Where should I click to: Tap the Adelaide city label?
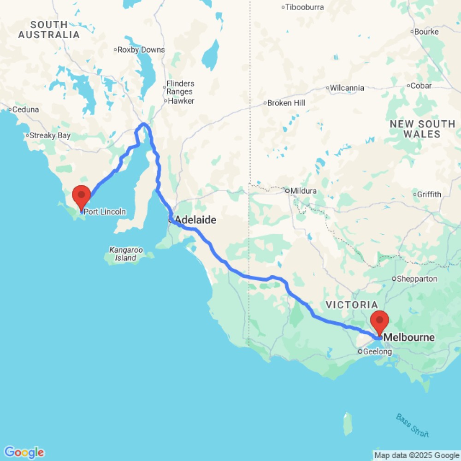(x=196, y=220)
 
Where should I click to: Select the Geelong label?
(x=378, y=352)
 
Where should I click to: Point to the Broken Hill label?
(x=286, y=103)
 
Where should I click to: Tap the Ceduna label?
(x=26, y=110)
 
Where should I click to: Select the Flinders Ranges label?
(x=180, y=88)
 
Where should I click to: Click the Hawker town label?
(x=181, y=101)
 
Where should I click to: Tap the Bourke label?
(x=426, y=32)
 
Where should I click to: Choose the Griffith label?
(x=429, y=194)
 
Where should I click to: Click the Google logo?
(x=24, y=452)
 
